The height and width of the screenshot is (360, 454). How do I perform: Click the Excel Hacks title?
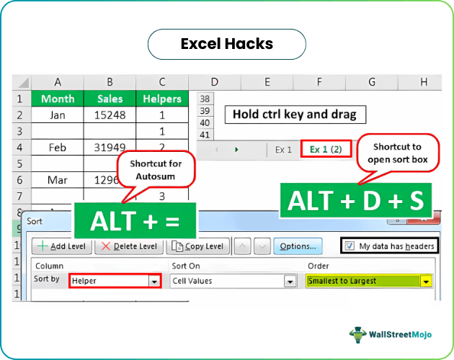(226, 44)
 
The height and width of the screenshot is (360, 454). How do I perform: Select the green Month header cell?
(58, 99)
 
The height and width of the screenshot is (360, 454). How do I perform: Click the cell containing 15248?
(110, 114)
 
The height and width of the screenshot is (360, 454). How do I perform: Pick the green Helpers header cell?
(162, 99)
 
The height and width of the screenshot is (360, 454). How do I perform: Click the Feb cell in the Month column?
(58, 147)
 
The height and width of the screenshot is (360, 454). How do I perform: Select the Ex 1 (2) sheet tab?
(326, 149)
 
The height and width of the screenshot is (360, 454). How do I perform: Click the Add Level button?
(61, 246)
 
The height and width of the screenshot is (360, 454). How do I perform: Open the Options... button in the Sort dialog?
(298, 246)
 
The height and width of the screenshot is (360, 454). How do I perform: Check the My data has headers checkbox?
(351, 246)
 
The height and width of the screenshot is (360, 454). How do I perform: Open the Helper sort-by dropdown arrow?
(153, 281)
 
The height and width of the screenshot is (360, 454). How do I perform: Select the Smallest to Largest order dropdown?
(368, 281)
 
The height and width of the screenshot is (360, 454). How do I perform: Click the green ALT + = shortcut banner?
(135, 222)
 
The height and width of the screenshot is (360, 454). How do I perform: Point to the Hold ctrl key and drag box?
(295, 114)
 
